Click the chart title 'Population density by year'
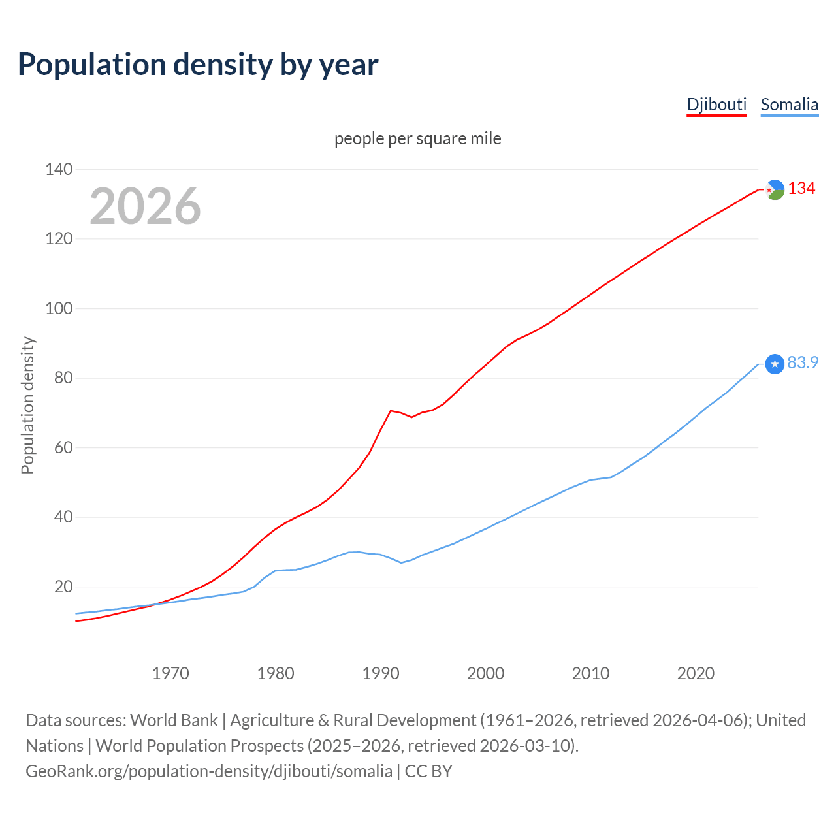(198, 64)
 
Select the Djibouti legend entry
(716, 104)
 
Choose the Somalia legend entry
(789, 104)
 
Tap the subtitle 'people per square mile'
(418, 138)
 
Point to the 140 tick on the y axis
(59, 169)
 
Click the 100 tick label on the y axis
(59, 308)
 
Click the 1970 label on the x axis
(170, 673)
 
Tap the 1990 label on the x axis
(381, 673)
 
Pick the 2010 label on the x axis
(590, 673)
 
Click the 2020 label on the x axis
(696, 673)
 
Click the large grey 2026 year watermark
(145, 206)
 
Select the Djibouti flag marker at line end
(775, 189)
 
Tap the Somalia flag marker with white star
(775, 364)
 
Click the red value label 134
(801, 189)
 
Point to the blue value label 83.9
(803, 362)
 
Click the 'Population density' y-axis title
(27, 405)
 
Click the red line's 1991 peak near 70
(391, 411)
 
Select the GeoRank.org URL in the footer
(209, 771)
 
